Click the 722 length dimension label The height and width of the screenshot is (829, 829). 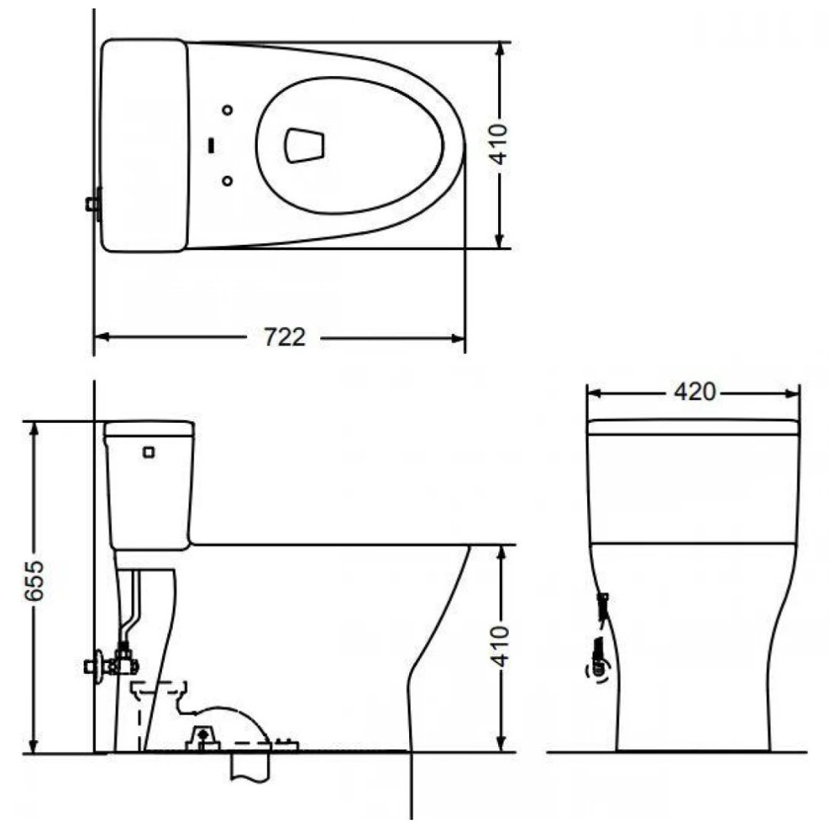point(285,337)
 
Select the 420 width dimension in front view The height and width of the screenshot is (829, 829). point(694,392)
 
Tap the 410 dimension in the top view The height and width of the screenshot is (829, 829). point(500,144)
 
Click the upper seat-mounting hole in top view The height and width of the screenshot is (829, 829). point(227,111)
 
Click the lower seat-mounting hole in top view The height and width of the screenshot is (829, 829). point(227,180)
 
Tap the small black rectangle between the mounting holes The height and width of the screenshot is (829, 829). point(211,145)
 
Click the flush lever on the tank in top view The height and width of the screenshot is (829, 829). point(93,203)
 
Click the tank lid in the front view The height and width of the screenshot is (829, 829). point(693,428)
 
